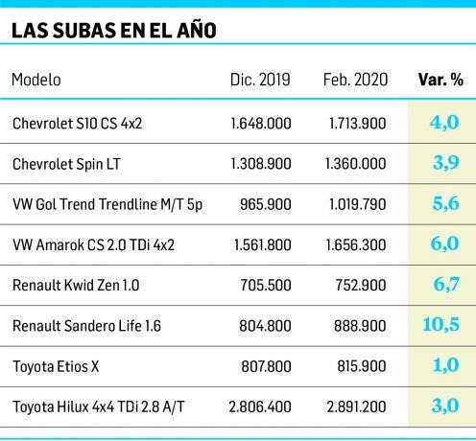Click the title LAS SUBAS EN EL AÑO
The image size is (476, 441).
pyautogui.click(x=113, y=30)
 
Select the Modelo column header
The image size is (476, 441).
pyautogui.click(x=36, y=79)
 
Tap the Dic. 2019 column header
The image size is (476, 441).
pyautogui.click(x=260, y=79)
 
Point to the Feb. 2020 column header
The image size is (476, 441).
pyautogui.click(x=355, y=79)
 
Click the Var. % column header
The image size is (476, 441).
pyautogui.click(x=440, y=79)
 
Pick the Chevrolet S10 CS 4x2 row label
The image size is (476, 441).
pyautogui.click(x=77, y=124)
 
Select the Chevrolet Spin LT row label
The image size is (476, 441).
pyautogui.click(x=66, y=164)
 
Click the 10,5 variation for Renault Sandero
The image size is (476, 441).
pyautogui.click(x=440, y=325)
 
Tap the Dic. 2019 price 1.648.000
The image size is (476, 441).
pyautogui.click(x=261, y=124)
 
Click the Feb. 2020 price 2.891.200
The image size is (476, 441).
pyautogui.click(x=357, y=406)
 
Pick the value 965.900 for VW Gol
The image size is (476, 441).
pyautogui.click(x=268, y=204)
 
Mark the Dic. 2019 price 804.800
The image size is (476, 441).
pyautogui.click(x=268, y=326)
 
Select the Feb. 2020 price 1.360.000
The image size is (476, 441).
pyautogui.click(x=357, y=164)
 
